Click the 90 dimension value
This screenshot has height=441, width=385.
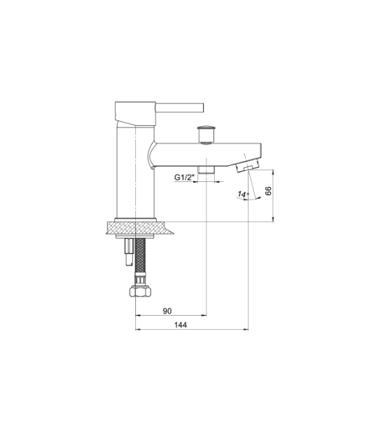tap(167, 311)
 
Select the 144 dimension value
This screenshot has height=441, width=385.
tap(181, 325)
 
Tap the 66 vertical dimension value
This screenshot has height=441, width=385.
tap(268, 191)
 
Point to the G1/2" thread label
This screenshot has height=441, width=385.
tap(185, 178)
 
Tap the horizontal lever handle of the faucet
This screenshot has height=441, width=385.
tap(179, 107)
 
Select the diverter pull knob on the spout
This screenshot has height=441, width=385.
tap(207, 134)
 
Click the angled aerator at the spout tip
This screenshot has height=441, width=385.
tap(247, 166)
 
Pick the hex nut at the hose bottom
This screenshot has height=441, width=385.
tap(140, 291)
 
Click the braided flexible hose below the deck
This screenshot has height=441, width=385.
tap(140, 255)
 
